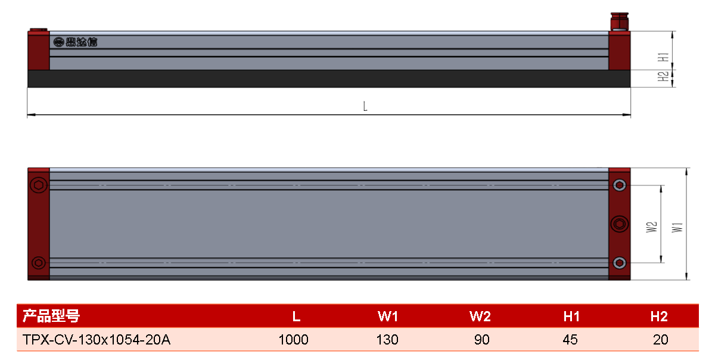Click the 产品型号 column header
51,316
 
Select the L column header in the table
296,316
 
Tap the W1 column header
387,316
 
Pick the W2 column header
480,316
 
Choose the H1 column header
571,316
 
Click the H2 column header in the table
659,316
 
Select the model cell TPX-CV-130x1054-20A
97,339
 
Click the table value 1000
294,339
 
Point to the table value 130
387,339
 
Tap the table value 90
481,339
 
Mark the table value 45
570,339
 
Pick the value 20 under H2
661,339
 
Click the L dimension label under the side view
365,106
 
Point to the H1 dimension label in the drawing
663,57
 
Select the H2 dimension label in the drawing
663,76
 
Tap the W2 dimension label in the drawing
652,227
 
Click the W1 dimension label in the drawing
677,227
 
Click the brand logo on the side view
75,42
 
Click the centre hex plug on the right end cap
619,224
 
